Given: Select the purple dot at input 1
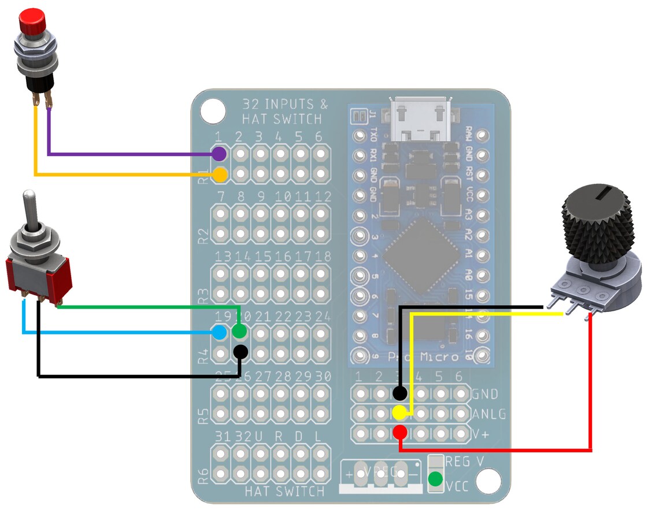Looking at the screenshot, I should click(219, 154).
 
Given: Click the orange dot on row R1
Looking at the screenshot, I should click(220, 174).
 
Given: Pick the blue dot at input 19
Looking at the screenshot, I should click(219, 332).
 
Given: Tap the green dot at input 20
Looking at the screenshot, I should click(239, 332).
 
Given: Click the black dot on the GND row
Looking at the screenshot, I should click(399, 394).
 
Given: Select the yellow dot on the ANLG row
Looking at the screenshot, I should click(399, 412).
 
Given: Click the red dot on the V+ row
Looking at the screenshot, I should click(399, 432).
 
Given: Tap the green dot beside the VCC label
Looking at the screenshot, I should click(435, 479).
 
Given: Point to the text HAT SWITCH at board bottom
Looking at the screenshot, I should click(284, 492).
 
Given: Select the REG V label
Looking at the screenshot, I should click(465, 462).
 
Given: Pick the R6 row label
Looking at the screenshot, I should click(203, 476).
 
